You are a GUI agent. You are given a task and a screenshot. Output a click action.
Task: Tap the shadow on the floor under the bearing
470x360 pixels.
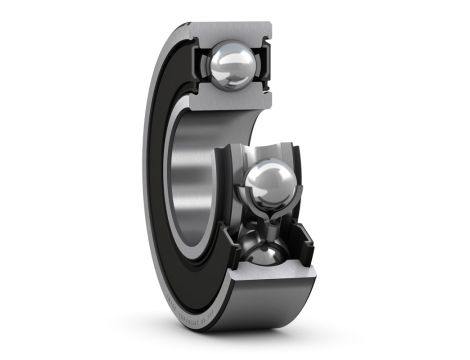click(x=300, y=335)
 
